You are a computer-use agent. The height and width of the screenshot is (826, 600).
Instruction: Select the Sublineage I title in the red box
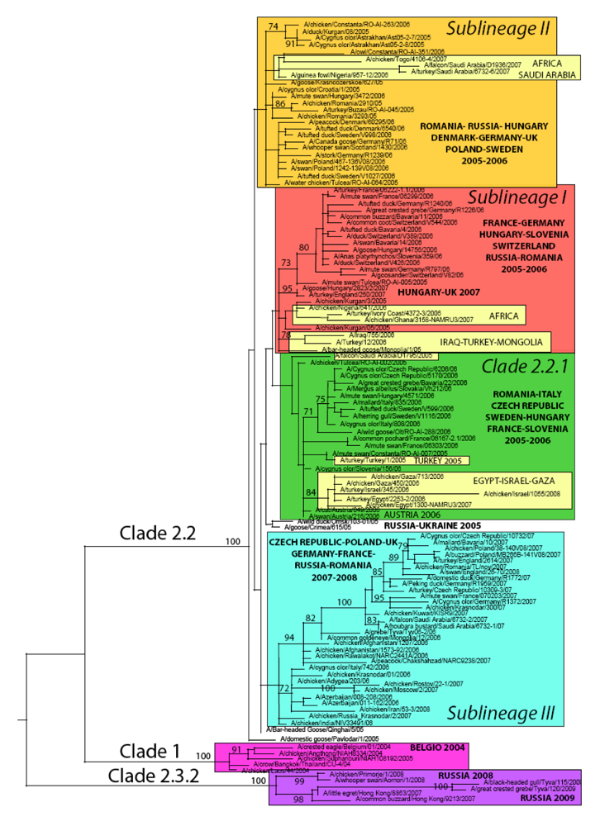(x=518, y=198)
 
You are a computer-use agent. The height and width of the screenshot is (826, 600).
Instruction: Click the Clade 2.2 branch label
(x=157, y=532)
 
